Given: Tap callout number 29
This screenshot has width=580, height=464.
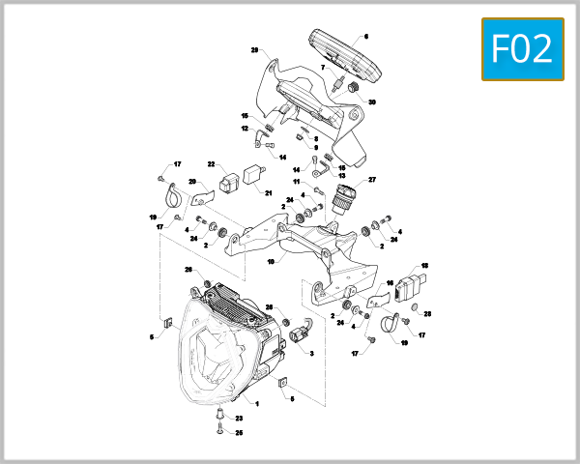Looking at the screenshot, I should pyautogui.click(x=255, y=50).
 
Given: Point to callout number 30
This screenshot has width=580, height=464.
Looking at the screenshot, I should pyautogui.click(x=372, y=102).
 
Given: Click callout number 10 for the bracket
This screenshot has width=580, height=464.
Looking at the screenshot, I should pyautogui.click(x=272, y=261).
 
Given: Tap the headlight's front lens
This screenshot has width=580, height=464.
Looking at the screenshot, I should pyautogui.click(x=216, y=358).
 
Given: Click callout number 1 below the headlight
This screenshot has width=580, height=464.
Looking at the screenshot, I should pyautogui.click(x=257, y=402).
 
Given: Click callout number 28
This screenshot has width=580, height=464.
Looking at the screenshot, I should pyautogui.click(x=428, y=314).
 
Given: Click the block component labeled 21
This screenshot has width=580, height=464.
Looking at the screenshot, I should pyautogui.click(x=256, y=175).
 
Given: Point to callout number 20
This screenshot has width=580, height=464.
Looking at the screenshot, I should pyautogui.click(x=192, y=182).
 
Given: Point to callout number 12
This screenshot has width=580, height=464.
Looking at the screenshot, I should pyautogui.click(x=245, y=129).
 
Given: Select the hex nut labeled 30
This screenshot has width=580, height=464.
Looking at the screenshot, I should pyautogui.click(x=354, y=89).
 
